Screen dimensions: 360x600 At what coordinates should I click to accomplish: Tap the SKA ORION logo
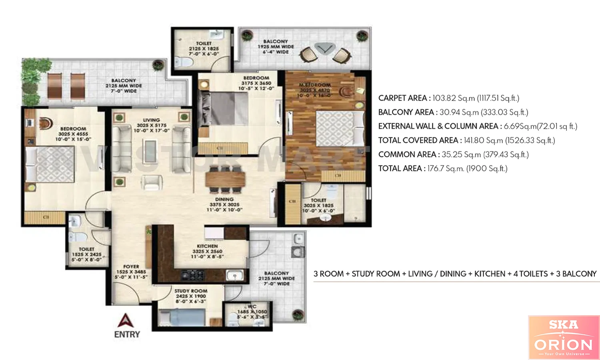pos(564,337)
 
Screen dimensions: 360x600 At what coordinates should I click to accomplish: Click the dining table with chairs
pos(225,179)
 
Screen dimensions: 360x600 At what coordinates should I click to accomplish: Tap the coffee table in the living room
pos(151,151)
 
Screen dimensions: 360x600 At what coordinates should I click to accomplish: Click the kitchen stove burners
pos(193,275)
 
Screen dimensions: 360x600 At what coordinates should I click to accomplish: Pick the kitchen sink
pos(234,275)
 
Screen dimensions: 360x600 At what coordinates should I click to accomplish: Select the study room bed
pos(182,318)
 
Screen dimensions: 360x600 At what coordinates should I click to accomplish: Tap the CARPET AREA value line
pos(448,98)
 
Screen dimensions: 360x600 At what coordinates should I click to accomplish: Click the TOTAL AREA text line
pos(442,168)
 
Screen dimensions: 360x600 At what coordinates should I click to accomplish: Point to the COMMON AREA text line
pos(453,154)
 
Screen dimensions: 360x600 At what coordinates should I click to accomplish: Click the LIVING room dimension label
pos(152,125)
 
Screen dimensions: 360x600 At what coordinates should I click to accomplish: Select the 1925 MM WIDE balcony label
pos(276,47)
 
